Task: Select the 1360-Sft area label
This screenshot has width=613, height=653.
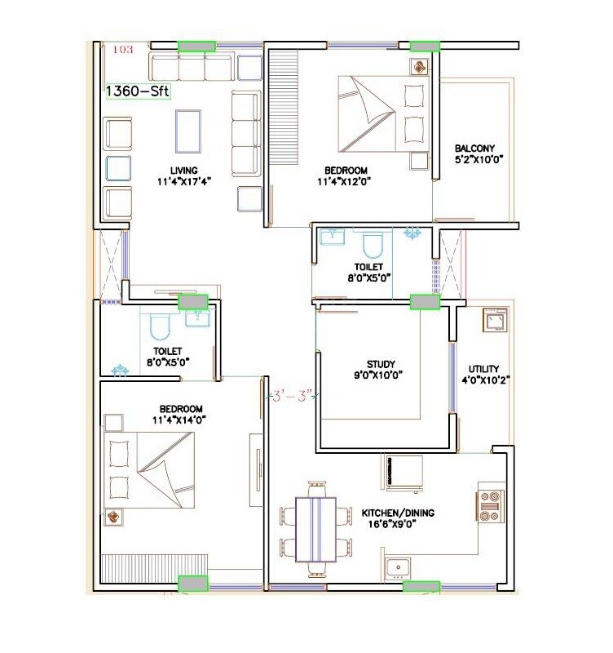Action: [x=138, y=91]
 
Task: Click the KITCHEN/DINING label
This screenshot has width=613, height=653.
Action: [x=398, y=513]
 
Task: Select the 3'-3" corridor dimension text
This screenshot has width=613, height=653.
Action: [x=292, y=397]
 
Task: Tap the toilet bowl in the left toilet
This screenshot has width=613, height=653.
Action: [x=160, y=329]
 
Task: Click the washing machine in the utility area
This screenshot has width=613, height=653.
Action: [x=492, y=322]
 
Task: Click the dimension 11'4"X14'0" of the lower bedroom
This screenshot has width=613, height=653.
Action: [x=181, y=421]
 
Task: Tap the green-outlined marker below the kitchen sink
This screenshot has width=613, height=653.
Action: [x=421, y=586]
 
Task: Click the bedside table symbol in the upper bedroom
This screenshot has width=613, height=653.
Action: [x=421, y=66]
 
